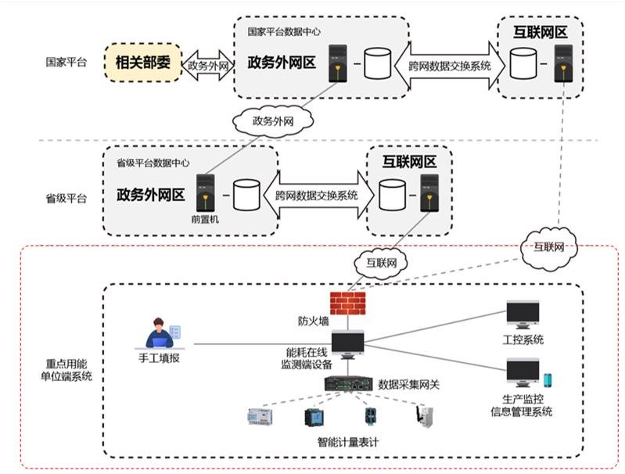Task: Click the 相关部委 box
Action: point(142,64)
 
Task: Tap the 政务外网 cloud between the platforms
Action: point(271,121)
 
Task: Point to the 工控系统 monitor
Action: point(523,314)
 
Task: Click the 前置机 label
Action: point(205,220)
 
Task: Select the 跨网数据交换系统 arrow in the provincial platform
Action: point(317,196)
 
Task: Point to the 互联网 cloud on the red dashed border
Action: point(552,246)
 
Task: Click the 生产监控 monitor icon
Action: point(523,374)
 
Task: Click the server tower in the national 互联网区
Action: point(562,63)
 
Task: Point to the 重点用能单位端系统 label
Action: point(69,369)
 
